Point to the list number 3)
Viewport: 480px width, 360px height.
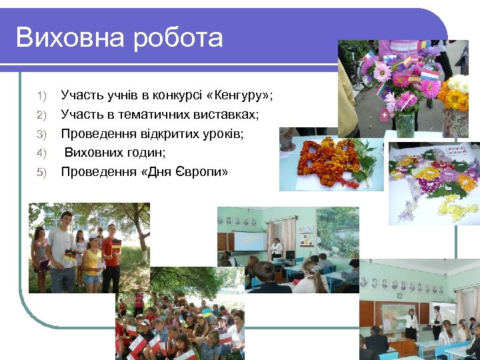tap(41, 135)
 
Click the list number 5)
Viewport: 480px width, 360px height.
tap(41, 173)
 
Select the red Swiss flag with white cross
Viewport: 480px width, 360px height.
tap(385, 115)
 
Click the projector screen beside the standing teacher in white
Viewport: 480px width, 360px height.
tap(249, 241)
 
